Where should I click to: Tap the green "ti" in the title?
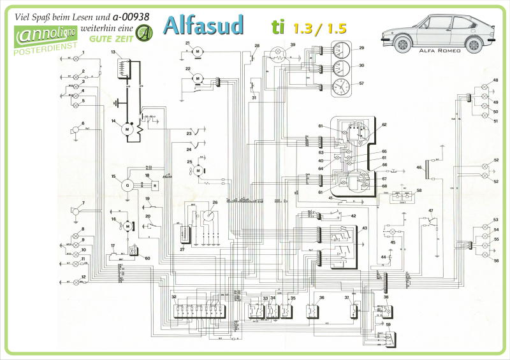tap(277, 27)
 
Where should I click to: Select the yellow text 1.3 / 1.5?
tap(320, 29)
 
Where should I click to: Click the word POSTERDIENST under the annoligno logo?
tap(45, 47)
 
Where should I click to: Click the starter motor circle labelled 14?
tap(127, 129)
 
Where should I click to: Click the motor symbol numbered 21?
tap(198, 50)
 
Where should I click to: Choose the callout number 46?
tap(419, 168)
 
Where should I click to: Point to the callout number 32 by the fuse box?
tap(173, 298)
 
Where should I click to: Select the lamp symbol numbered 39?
tap(278, 55)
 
